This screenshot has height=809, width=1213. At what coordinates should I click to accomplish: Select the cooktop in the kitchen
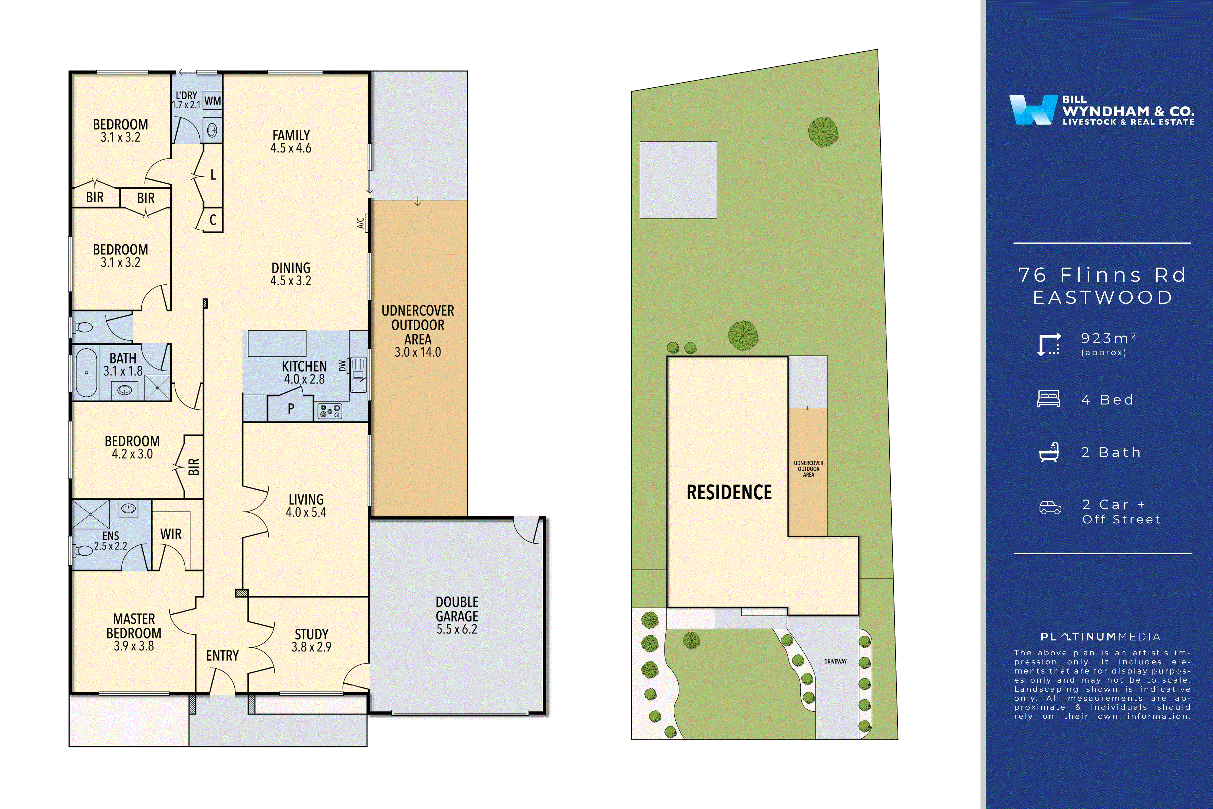[x=330, y=411]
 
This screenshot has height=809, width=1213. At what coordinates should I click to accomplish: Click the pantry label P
[x=291, y=409]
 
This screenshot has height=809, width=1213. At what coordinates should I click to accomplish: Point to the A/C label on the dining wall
[x=360, y=223]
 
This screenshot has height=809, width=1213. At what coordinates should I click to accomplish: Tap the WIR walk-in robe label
[x=171, y=534]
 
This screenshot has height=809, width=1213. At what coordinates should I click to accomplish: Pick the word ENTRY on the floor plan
[x=222, y=656]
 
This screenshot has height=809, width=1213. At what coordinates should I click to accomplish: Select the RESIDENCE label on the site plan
[x=729, y=492]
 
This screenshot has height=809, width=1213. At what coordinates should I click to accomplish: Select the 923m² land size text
[x=1108, y=338]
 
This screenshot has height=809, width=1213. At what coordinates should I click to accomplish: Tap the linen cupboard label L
[x=213, y=175]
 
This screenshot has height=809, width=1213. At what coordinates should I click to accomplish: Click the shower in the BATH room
[x=157, y=388]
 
